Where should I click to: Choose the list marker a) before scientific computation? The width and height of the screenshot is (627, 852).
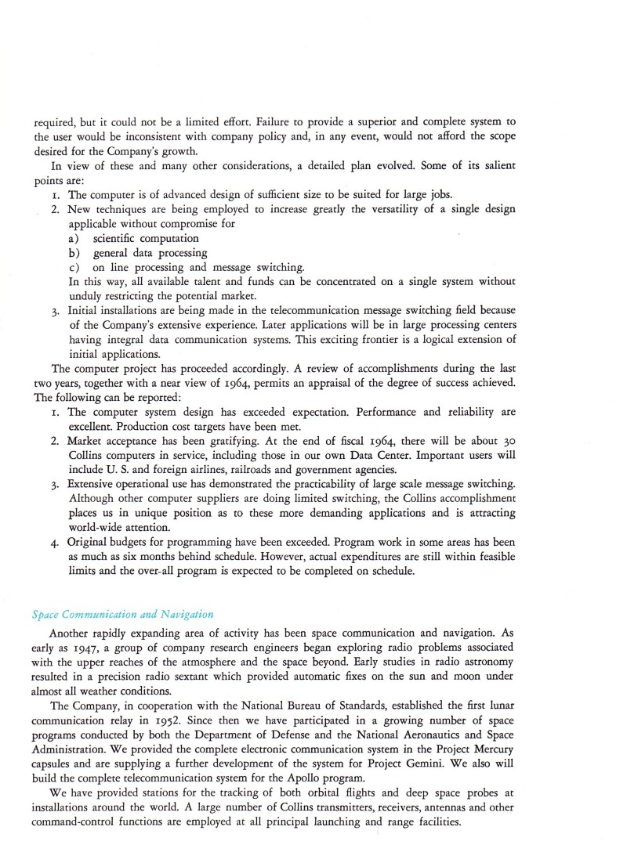pos(75,238)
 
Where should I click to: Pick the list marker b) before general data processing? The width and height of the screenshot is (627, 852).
pos(75,253)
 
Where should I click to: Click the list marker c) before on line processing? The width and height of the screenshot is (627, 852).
pos(75,268)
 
